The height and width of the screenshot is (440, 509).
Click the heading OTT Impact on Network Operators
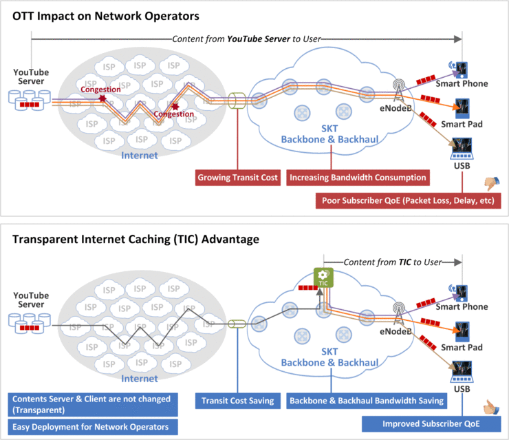tap(106, 16)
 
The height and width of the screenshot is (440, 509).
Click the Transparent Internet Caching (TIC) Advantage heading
tap(136, 239)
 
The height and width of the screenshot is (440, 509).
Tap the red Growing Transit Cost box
tap(237, 178)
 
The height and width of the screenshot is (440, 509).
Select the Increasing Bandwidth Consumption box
tap(358, 178)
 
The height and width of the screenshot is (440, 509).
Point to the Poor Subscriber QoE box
tap(408, 201)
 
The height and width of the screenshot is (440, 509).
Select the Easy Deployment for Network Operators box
tap(91, 427)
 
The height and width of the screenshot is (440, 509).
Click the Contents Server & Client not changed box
tap(91, 404)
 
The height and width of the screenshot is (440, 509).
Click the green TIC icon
tap(323, 277)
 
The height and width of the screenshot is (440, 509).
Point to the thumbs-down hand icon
tap(490, 183)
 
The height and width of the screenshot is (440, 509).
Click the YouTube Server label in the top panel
tap(30, 76)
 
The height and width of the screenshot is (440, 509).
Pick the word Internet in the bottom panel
tap(139, 379)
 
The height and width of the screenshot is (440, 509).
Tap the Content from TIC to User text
tap(393, 262)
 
